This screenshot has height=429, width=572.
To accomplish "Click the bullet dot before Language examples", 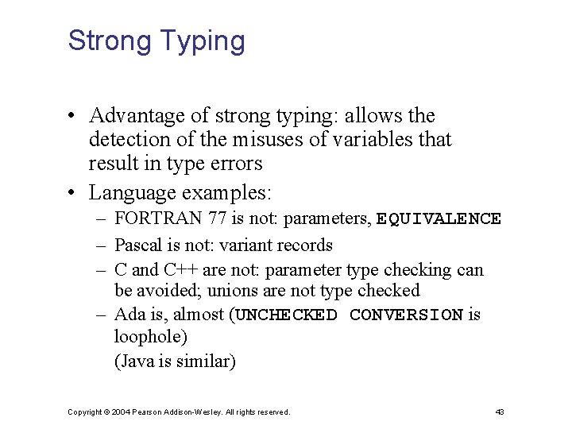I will point(71,193).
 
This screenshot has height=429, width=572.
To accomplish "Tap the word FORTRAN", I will point(157,218).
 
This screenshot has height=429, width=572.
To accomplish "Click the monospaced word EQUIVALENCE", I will point(439,218).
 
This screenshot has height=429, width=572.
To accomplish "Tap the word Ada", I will point(129,315).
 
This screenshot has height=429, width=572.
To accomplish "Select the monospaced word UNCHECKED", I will point(287,315).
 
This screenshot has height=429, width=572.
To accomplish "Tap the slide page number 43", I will point(499,412).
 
